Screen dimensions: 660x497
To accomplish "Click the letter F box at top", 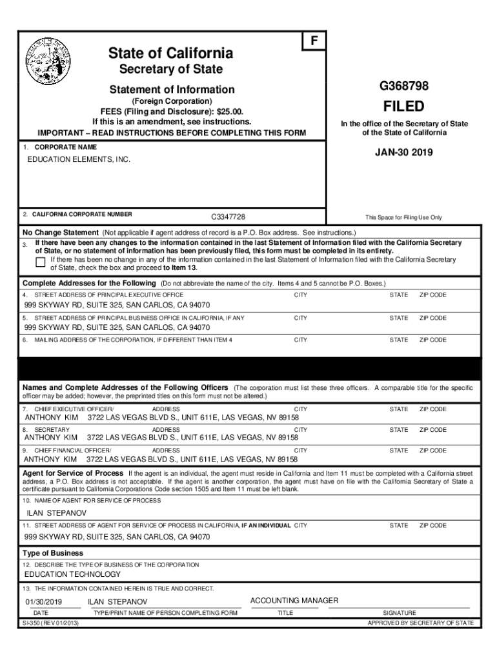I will point(314,41).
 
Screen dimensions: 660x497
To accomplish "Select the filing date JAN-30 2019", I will point(404,153).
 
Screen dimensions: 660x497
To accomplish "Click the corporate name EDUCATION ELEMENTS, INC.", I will point(77,159).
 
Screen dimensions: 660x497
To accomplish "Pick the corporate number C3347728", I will point(228,217).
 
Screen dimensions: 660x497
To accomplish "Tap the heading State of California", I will point(171,53).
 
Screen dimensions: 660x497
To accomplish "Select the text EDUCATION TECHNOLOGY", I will point(72,574).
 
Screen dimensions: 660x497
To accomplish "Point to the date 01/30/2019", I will point(43,602).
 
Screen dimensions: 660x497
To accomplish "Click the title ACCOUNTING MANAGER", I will point(294,601).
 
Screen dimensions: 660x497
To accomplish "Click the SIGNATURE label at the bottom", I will point(400,613).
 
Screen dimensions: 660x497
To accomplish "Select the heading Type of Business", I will point(53,553).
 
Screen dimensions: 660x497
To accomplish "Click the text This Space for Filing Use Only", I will point(404,217).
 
